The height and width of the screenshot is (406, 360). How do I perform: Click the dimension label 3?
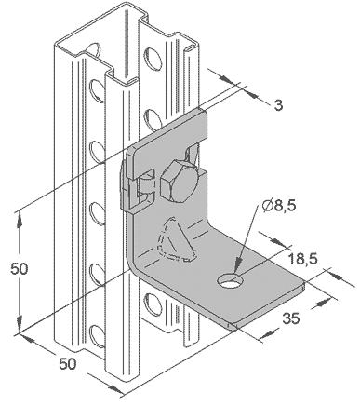coord(278,105)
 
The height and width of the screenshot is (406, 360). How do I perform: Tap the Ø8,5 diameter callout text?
coord(279,205)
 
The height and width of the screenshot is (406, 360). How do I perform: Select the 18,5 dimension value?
coord(302,258)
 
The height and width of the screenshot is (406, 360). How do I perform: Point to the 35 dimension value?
coord(290,318)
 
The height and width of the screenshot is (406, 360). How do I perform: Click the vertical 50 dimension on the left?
coord(20,268)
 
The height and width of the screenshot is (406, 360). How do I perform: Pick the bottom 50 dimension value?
coord(68,363)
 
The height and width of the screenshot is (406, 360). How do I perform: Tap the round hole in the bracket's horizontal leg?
coord(230,280)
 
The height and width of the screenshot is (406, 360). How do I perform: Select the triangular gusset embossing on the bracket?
coord(174,239)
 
